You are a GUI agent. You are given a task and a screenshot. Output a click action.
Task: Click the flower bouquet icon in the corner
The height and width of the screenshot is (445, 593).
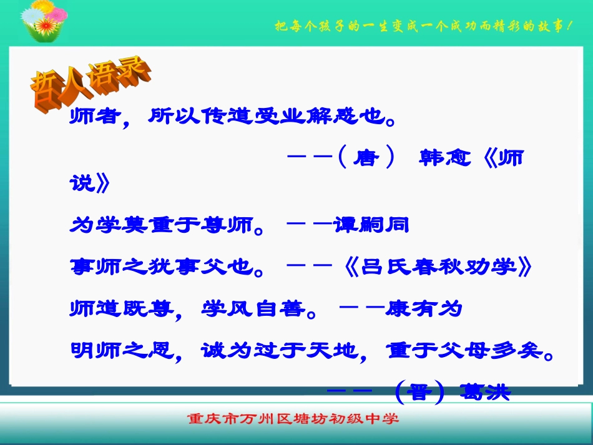[x=43, y=22]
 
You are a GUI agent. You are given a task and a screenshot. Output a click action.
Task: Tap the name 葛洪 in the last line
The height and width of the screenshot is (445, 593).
[x=484, y=393]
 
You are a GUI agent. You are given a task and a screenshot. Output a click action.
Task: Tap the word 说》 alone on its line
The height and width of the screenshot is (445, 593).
[x=91, y=183]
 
